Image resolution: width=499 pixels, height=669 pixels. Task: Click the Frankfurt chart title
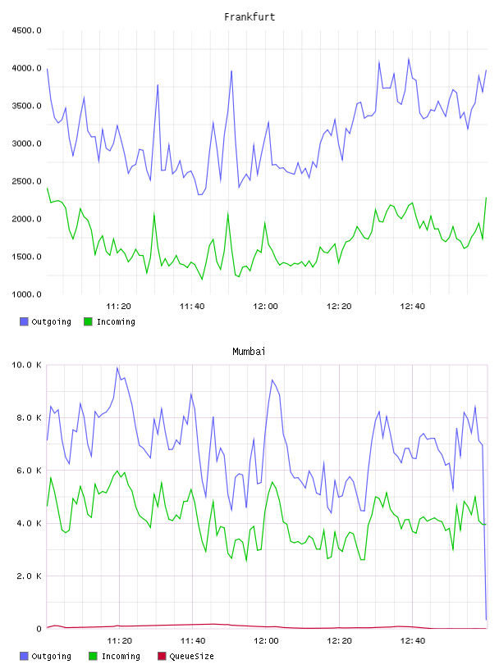tap(249, 17)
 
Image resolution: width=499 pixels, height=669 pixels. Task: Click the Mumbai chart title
tap(249, 352)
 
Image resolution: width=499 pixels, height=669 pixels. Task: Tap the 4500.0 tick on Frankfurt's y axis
tap(26, 30)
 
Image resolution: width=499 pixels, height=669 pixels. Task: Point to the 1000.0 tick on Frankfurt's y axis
tap(26, 294)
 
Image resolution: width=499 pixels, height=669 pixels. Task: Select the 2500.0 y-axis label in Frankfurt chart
tap(26, 181)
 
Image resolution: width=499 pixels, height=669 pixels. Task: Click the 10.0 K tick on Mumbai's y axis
tap(26, 365)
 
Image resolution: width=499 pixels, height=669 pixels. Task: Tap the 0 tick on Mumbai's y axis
tap(39, 629)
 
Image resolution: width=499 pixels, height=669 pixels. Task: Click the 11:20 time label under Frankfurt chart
tap(118, 307)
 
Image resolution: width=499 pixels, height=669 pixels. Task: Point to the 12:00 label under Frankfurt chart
tap(265, 307)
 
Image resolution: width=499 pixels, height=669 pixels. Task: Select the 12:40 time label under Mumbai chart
tap(413, 641)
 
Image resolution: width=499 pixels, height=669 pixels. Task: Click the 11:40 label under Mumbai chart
tap(193, 641)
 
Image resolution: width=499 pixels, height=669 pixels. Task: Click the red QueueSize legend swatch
tap(162, 656)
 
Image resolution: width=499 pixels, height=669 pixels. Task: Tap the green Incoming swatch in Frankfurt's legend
tap(88, 321)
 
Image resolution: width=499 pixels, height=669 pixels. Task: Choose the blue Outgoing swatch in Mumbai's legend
tap(24, 656)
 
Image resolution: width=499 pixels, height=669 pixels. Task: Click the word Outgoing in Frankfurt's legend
tap(51, 321)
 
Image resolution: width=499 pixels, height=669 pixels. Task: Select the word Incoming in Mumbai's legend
tap(121, 656)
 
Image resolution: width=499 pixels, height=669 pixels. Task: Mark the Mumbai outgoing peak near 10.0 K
tap(117, 367)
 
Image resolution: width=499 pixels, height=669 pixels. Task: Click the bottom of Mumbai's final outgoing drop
tap(486, 619)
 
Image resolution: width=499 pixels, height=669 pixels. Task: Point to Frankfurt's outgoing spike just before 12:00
tap(231, 71)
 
